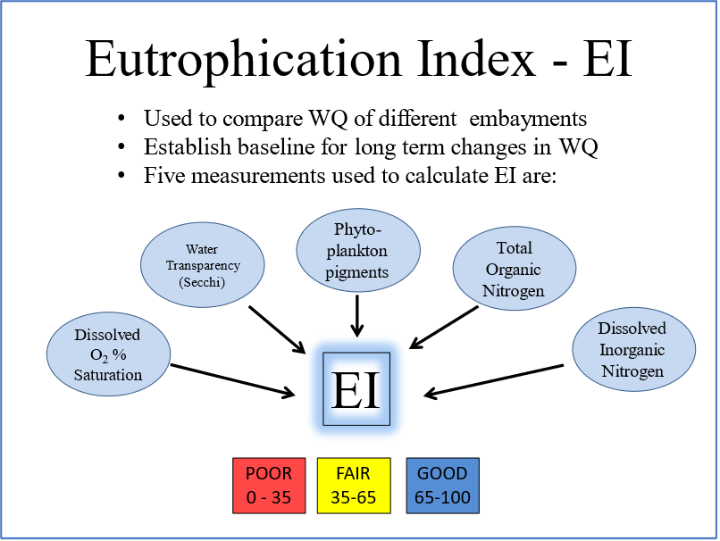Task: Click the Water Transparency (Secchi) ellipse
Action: click(x=203, y=265)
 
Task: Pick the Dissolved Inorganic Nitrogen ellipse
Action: click(x=632, y=350)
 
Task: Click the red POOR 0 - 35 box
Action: click(x=269, y=485)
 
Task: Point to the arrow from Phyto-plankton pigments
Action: click(x=357, y=315)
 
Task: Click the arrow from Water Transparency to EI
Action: click(x=276, y=328)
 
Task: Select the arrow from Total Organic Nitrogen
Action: click(x=444, y=327)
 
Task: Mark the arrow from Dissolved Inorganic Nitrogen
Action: click(x=494, y=379)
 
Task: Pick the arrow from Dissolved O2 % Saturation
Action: click(x=233, y=379)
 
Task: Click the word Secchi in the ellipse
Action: click(x=203, y=283)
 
